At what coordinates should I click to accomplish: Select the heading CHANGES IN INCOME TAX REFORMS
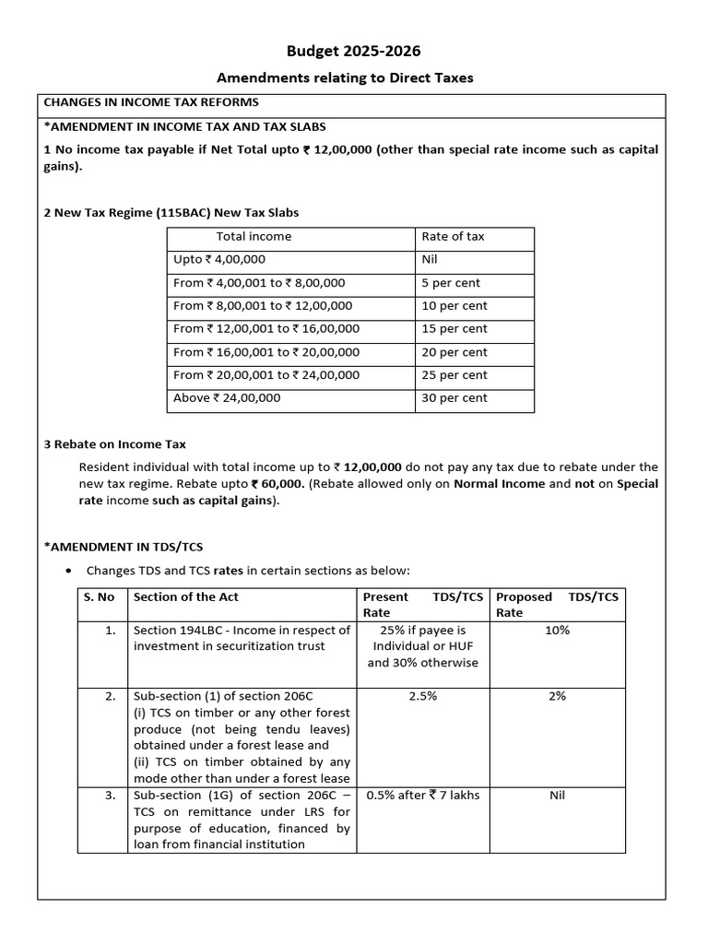point(151,102)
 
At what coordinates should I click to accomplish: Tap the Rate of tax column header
point(453,237)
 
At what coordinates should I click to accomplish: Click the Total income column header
point(254,237)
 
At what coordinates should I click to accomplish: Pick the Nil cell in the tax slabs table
point(430,260)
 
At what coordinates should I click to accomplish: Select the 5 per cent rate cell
point(451,283)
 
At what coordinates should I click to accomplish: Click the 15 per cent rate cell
point(454,329)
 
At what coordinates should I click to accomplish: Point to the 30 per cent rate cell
point(454,398)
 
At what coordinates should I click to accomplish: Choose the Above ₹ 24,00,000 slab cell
point(227,398)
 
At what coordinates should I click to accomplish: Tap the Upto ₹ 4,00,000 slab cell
point(219,260)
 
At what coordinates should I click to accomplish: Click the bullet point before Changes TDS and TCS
point(69,571)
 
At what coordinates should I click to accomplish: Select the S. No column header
point(99,597)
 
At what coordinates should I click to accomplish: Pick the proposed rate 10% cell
point(557,631)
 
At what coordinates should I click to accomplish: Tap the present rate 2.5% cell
point(422,697)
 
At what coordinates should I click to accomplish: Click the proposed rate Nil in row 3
point(557,796)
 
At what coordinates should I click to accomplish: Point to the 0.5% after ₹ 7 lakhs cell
point(422,796)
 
